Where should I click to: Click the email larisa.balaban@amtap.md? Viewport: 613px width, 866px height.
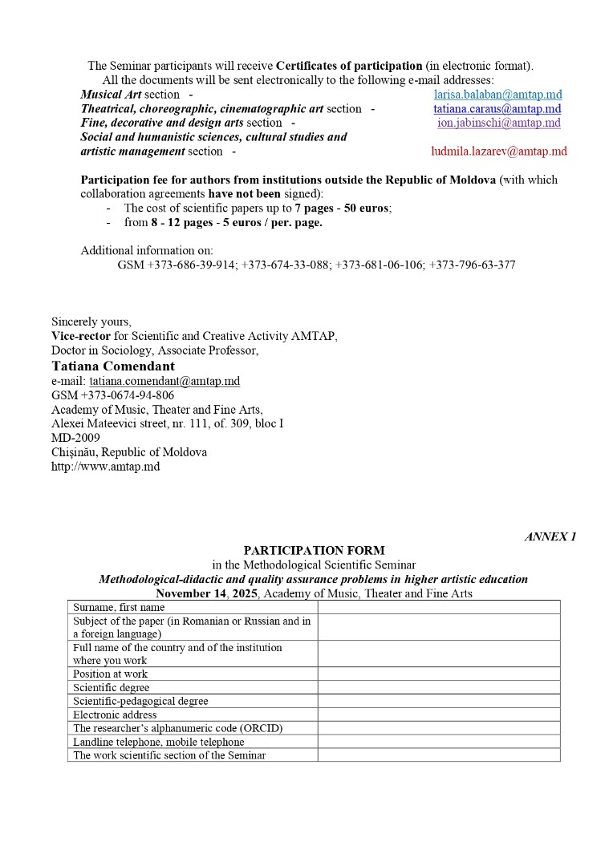[x=497, y=95]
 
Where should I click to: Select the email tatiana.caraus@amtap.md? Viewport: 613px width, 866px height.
[x=497, y=109]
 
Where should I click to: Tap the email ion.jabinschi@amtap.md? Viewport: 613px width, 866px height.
[x=498, y=123]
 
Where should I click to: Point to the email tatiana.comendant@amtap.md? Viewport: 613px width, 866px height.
[x=164, y=381]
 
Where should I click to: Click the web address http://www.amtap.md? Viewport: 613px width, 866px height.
[x=105, y=466]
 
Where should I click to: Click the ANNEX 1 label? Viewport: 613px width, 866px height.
[x=550, y=536]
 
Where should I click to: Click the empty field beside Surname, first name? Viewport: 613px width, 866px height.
[x=438, y=607]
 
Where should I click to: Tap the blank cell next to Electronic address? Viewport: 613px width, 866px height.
[x=438, y=714]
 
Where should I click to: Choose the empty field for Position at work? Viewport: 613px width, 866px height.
[x=438, y=674]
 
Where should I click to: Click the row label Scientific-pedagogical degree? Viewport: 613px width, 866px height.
[x=140, y=701]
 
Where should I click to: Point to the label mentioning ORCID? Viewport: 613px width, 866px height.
[x=178, y=728]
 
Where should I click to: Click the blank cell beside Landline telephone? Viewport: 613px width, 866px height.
[x=438, y=742]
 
